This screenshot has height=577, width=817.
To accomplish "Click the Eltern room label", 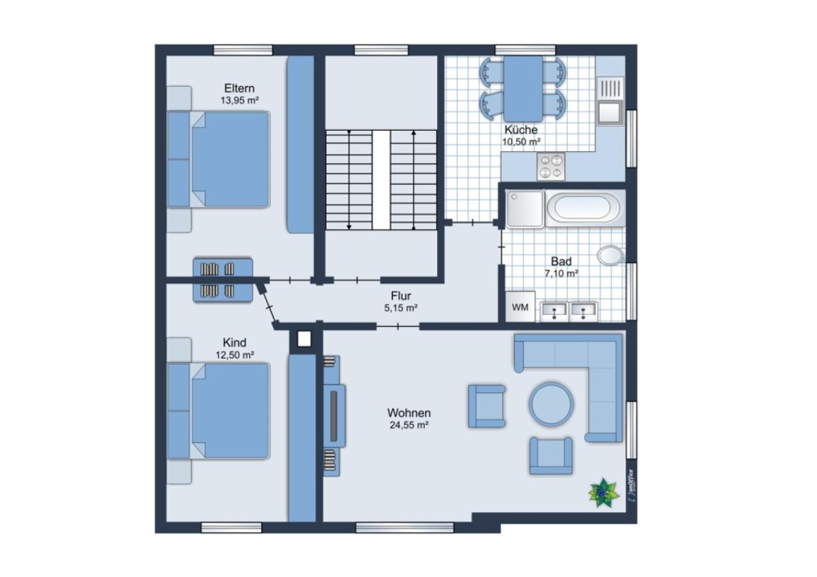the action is point(239,88).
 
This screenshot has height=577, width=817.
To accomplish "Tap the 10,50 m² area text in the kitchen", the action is point(522,142).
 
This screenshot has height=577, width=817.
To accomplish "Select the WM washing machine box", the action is point(520,307).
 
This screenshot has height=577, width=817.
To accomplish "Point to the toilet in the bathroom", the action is point(611,255).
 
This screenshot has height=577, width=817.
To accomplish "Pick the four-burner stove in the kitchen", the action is point(550,167).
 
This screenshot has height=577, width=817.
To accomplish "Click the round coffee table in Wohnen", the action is point(551,404).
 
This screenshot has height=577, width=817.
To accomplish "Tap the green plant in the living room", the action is point(604,493).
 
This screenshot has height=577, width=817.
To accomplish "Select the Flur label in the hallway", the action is point(401,296).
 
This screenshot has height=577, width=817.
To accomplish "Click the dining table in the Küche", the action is point(524,88).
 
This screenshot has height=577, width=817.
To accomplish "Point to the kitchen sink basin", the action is point(609,112).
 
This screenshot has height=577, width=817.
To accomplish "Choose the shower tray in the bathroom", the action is point(525,208).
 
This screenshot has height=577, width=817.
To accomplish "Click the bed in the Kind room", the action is point(219,411).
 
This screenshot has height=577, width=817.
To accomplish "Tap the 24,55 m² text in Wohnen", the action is point(409,425).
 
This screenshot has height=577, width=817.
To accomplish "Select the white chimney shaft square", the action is point(304,339).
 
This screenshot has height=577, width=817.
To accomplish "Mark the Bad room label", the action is point(561,262).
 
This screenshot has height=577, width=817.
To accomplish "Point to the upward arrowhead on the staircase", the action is point(413,133).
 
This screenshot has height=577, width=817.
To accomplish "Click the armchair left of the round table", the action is point(487,406).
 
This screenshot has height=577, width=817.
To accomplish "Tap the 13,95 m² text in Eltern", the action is point(240,101).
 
